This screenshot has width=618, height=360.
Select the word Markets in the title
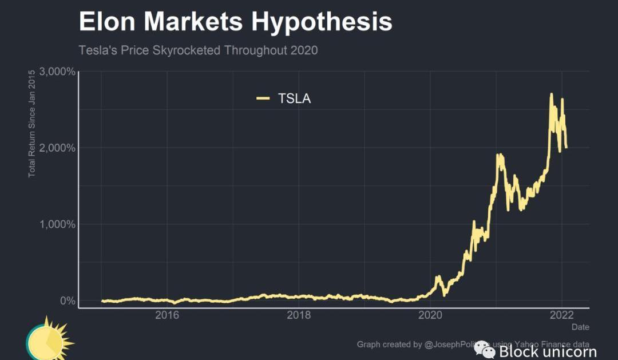click(194, 22)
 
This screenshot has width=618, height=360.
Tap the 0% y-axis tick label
click(68, 300)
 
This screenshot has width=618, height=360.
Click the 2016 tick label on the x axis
click(167, 315)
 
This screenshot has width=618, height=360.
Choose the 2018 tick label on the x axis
click(299, 315)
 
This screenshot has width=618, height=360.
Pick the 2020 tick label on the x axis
click(430, 315)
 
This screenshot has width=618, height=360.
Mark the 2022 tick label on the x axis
click(562, 315)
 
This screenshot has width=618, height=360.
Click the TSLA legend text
click(294, 98)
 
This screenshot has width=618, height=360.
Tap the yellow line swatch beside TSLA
click(263, 98)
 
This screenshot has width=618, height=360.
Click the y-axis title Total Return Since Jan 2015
click(32, 123)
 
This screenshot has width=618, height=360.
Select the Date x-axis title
click(580, 327)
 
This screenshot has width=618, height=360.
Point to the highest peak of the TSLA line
click(551, 95)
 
